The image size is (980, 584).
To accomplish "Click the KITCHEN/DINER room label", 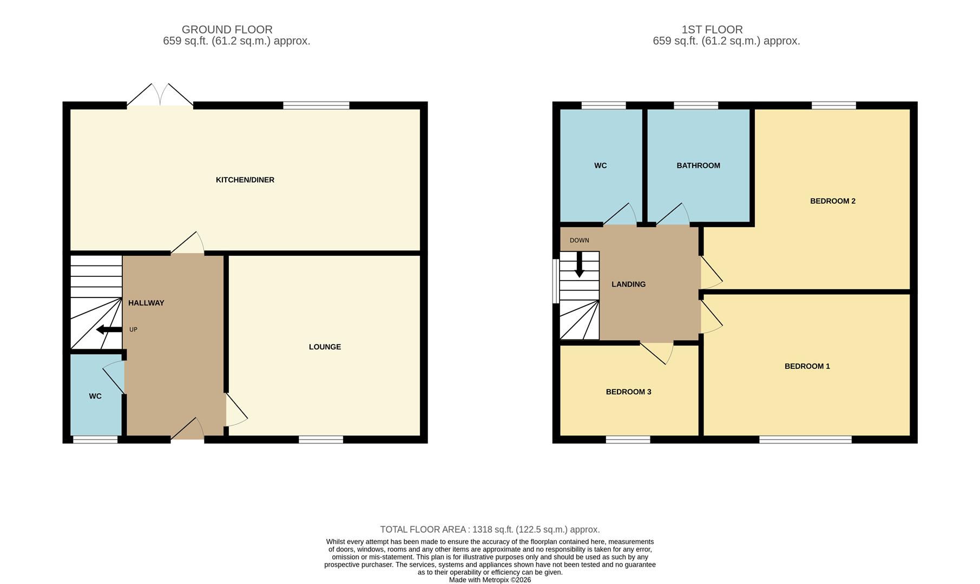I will tap(245, 180).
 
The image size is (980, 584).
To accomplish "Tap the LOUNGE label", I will tap(325, 347).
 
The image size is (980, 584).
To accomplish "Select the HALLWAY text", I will tap(146, 303).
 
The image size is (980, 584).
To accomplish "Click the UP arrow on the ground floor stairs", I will tap(108, 330).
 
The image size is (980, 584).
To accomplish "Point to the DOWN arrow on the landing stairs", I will tap(579, 265).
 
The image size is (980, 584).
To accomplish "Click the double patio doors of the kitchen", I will tap(160, 96).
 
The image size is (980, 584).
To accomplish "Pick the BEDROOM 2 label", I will tap(832, 201).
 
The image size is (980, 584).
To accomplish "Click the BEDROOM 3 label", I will tap(628, 392).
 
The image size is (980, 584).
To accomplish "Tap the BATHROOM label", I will tap(698, 166).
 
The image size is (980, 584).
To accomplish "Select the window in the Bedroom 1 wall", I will tap(805, 440).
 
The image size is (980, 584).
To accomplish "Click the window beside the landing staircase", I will tap(555, 281).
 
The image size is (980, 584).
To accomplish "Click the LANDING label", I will tap(628, 284).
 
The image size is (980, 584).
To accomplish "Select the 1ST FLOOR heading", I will tap(712, 30).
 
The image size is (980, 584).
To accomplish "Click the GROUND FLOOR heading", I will tap(227, 30).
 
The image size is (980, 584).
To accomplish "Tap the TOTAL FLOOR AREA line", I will tap(490, 530).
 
